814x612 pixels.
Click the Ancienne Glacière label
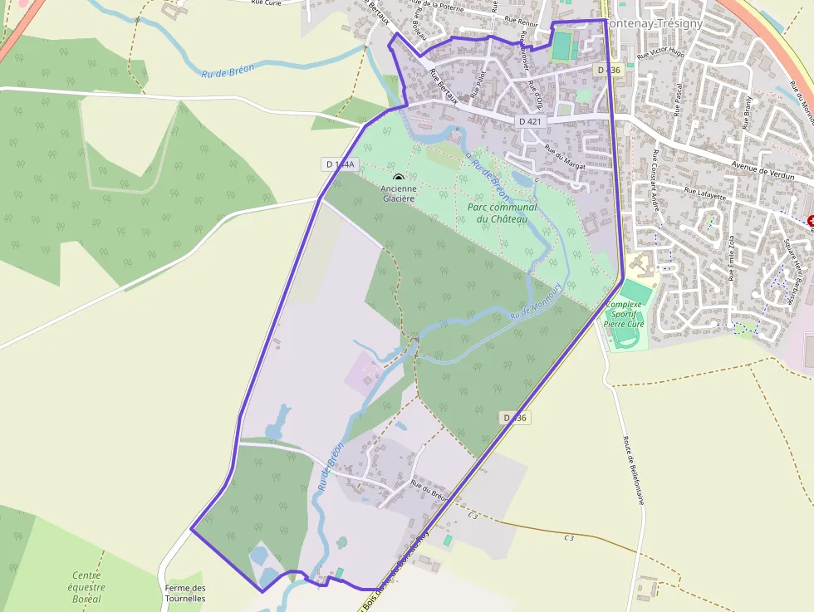[x=399, y=193]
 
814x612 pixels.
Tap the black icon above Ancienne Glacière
[x=399, y=177]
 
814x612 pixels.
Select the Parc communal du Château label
[x=502, y=213]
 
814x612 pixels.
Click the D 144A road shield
[x=340, y=164]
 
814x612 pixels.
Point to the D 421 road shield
[x=529, y=121]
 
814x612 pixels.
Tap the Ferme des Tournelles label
[x=184, y=593]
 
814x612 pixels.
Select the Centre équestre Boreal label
[x=86, y=586]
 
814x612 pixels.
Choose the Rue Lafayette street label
[x=704, y=194]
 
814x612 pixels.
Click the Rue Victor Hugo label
[x=660, y=52]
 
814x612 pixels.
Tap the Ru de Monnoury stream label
[x=537, y=301]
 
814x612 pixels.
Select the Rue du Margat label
[x=565, y=157]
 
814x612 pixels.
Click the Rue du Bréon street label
[x=429, y=492]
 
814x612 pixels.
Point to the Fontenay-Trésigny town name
[x=655, y=23]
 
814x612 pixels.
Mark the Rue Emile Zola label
[x=730, y=258]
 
